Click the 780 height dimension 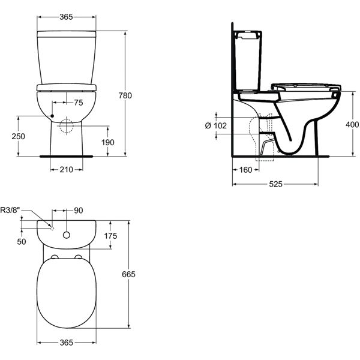pyautogui.click(x=142, y=95)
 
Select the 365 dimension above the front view pyautogui.click(x=66, y=17)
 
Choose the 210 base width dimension pyautogui.click(x=66, y=170)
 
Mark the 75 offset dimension pyautogui.click(x=78, y=103)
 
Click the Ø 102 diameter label pyautogui.click(x=215, y=125)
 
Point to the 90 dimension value pyautogui.click(x=79, y=211)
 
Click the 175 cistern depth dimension pyautogui.click(x=110, y=236)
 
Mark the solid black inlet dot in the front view pyautogui.click(x=53, y=116)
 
